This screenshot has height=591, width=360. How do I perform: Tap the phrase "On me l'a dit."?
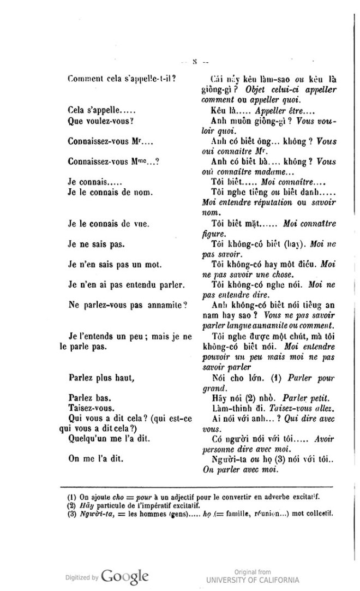point(94,459)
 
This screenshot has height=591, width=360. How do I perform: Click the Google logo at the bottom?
point(124,576)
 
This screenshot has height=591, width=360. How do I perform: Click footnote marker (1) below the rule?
point(71,497)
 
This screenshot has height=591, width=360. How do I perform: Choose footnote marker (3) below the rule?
point(71,514)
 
